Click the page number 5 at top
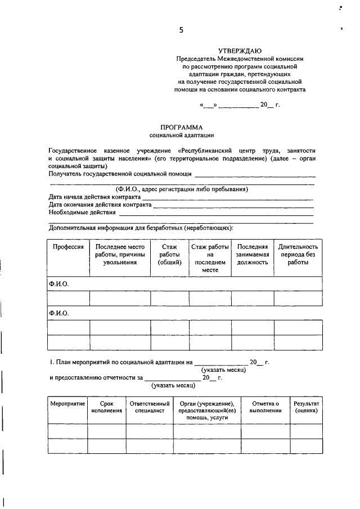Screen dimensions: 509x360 (x=181, y=30)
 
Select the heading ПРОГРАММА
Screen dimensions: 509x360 (x=181, y=127)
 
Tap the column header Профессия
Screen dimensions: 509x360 (x=68, y=247)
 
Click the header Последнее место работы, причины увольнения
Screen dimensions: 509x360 (x=120, y=255)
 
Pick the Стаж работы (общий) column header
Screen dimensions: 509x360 (x=169, y=255)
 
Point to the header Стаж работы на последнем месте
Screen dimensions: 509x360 (x=210, y=259)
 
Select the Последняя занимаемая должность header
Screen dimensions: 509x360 (x=251, y=255)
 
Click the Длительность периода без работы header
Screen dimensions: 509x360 (x=298, y=255)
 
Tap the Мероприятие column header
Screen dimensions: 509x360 (x=67, y=404)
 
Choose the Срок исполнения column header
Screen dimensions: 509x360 (x=106, y=407)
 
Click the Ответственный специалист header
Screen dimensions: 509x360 (x=149, y=407)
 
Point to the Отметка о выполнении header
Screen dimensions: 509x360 (x=265, y=407)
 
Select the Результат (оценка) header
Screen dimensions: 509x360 (x=306, y=407)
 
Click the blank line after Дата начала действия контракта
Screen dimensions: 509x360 (x=227, y=199)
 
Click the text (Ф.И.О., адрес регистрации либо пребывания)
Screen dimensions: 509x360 (x=182, y=189)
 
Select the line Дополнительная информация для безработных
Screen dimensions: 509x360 (x=141, y=228)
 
